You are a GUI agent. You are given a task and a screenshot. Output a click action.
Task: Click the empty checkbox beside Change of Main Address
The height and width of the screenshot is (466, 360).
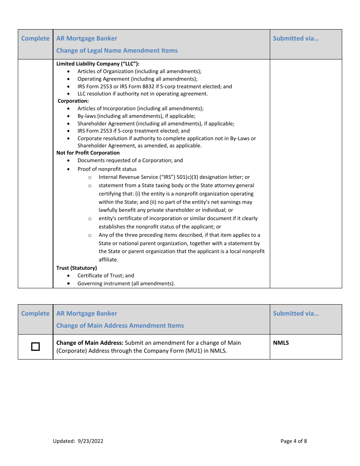coord(35,347)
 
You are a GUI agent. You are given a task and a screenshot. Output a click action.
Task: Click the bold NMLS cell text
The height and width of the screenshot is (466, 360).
coord(281,343)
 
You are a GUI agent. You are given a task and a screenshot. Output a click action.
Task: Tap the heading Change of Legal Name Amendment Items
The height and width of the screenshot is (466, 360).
coord(117,50)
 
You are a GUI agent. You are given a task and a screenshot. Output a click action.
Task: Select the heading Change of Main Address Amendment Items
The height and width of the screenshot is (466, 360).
coord(120,325)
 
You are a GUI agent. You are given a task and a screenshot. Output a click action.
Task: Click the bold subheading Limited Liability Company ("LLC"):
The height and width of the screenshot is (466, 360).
coord(98,64)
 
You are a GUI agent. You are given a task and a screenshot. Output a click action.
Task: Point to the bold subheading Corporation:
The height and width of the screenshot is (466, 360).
coord(73,101)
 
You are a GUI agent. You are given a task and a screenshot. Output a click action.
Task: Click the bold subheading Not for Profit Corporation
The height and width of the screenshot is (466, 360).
coord(88,153)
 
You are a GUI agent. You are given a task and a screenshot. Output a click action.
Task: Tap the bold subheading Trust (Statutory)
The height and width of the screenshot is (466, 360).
coord(77,268)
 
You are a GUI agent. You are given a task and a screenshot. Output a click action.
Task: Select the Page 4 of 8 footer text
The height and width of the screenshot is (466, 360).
coord(294,441)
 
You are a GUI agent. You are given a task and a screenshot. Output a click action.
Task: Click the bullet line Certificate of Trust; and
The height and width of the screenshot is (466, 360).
coord(106,275)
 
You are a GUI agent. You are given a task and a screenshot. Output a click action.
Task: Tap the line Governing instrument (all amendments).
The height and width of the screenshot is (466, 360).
coord(126,283)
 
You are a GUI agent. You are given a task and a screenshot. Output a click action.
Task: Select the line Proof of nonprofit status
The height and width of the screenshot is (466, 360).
coord(107,169)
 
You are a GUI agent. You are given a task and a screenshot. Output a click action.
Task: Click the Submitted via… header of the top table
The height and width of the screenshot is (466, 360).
coord(296,38)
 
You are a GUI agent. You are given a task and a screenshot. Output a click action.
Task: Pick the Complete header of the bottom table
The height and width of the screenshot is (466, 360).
coord(35,313)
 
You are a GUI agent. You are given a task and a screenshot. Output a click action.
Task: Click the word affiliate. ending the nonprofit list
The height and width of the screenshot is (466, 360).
coord(108,260)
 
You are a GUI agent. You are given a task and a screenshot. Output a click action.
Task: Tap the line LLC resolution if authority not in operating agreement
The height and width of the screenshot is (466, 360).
coord(142,94)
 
